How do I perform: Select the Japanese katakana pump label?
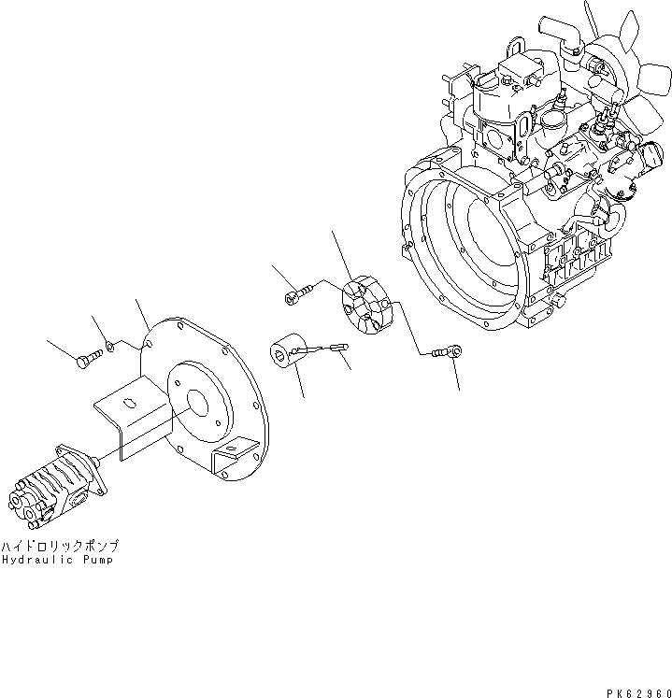pos(60,546)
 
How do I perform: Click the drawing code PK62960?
pos(632,683)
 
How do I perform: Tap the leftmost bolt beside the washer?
pos(87,356)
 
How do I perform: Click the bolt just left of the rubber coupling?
pos(291,296)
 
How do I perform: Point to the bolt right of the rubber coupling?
pos(449,352)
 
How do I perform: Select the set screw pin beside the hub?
pos(332,350)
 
